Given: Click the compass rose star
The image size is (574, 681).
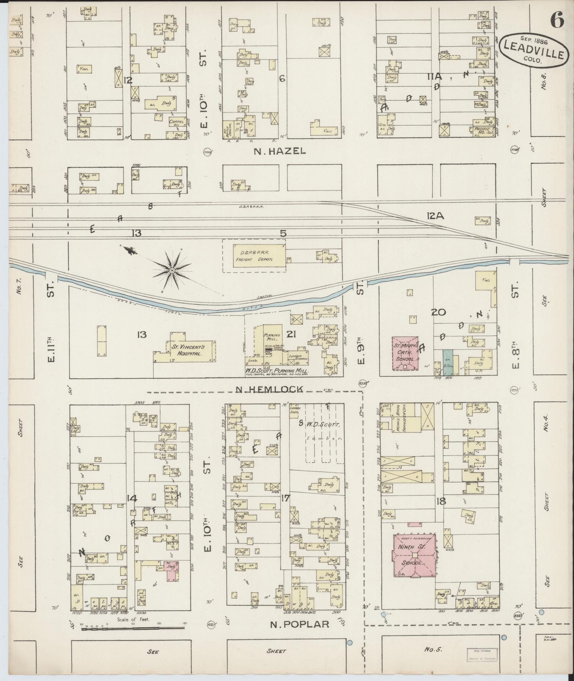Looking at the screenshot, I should click(172, 271).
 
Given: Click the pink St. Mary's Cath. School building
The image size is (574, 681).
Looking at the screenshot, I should click(405, 353).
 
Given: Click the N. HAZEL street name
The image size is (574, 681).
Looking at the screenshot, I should click(280, 151).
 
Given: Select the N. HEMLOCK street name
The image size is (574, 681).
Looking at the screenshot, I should click(270, 389).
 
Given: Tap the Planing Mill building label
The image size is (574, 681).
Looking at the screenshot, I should click(272, 338).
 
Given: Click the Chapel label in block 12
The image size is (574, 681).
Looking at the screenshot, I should click(177, 122).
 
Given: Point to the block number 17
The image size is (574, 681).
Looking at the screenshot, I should click(285, 498).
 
